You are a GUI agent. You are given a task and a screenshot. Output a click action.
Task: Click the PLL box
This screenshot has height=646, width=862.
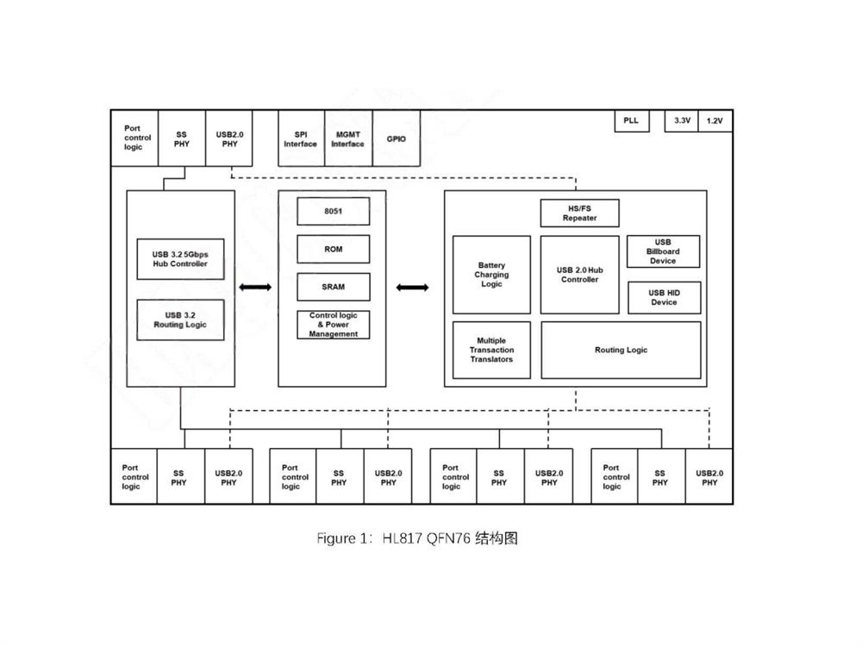pos(631,121)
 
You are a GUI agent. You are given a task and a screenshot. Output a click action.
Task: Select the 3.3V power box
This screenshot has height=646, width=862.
pos(682,121)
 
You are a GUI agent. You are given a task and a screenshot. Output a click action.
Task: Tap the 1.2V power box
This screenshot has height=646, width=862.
pos(715,121)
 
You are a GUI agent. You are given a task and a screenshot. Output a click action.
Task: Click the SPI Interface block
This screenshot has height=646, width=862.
pos(300,139)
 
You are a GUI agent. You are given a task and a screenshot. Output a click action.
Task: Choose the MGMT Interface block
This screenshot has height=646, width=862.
pos(348,139)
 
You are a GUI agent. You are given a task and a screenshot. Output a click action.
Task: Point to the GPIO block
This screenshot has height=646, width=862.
pos(397,139)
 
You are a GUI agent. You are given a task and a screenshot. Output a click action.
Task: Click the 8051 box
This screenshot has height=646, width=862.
pos(333,211)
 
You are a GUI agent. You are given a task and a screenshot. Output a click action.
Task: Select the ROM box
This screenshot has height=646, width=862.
pos(333,249)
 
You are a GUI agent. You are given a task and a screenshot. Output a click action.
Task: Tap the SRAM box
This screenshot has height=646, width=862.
pos(333,287)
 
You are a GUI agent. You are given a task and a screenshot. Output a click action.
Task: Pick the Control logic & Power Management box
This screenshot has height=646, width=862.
pos(333,325)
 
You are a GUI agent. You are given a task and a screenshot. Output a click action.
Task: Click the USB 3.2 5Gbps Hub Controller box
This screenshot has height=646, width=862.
pos(181,258)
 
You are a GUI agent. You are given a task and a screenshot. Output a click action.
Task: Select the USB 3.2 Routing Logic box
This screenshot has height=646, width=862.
pos(181,320)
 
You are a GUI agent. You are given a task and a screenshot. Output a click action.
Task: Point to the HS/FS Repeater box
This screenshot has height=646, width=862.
pos(579,213)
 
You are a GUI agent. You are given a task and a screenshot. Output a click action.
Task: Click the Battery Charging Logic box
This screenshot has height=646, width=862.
pos(491,275)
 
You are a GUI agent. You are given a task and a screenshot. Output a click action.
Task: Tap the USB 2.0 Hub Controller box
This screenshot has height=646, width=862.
pos(579,275)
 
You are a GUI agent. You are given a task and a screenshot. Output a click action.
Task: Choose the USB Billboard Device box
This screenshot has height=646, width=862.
pos(663,252)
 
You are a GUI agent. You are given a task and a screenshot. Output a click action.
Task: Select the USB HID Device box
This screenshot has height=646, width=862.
pos(663,297)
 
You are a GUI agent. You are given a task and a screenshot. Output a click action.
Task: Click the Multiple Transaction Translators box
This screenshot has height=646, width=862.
pos(491,350)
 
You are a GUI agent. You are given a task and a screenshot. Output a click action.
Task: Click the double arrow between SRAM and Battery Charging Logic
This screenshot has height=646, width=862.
pos(413,287)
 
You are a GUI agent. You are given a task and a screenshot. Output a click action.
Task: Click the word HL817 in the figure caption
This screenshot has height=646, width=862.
pos(401,539)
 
